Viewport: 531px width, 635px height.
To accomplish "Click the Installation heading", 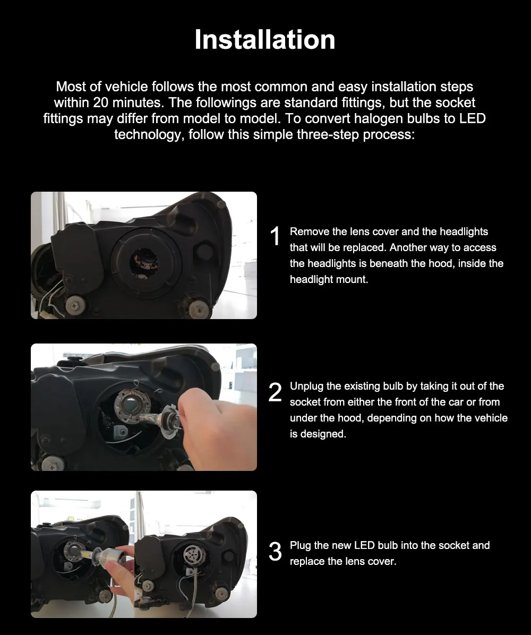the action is [265, 40].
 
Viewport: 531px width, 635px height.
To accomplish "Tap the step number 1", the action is [275, 236].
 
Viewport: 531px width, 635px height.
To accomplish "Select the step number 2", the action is [275, 392].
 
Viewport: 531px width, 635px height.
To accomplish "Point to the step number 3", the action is [275, 552].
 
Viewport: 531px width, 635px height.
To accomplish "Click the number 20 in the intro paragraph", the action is [100, 102].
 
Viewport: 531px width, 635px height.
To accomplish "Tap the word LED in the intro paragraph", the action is [472, 118].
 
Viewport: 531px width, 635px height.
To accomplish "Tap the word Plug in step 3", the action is [300, 545].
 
